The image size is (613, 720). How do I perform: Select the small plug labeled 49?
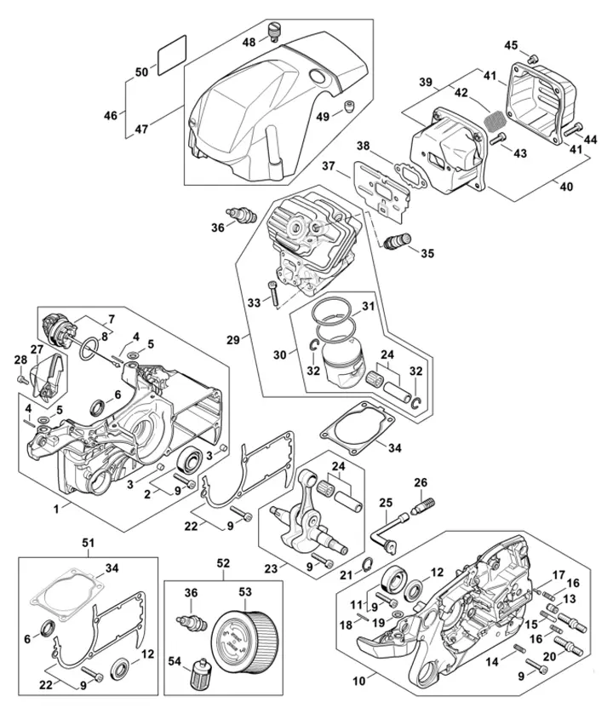(348, 105)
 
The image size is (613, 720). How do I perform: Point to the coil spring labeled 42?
(493, 117)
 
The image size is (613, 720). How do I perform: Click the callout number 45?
(511, 44)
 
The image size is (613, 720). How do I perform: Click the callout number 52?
(223, 563)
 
